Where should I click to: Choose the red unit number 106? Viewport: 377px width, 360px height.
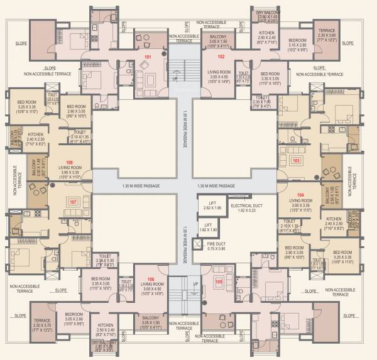pos(150,279)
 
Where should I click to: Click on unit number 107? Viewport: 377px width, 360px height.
pos(73,202)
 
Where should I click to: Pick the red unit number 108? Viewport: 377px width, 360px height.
pos(69,161)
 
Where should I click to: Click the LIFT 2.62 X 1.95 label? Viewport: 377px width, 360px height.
pos(212,205)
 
